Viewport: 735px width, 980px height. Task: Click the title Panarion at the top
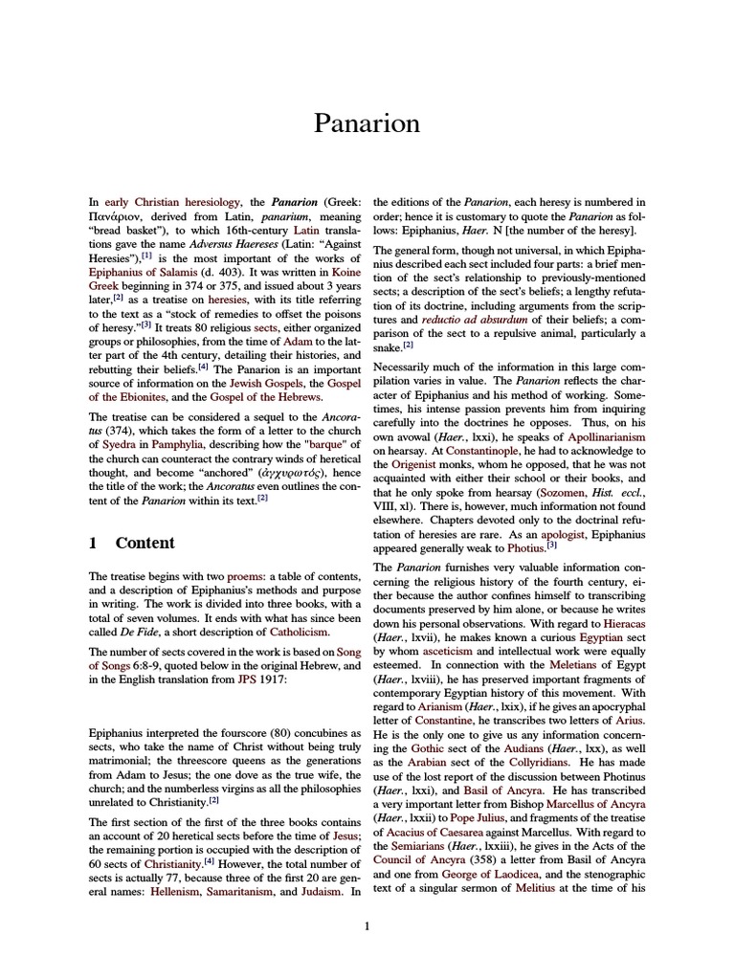click(x=367, y=123)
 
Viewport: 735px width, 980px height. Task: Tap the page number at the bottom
click(x=367, y=925)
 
